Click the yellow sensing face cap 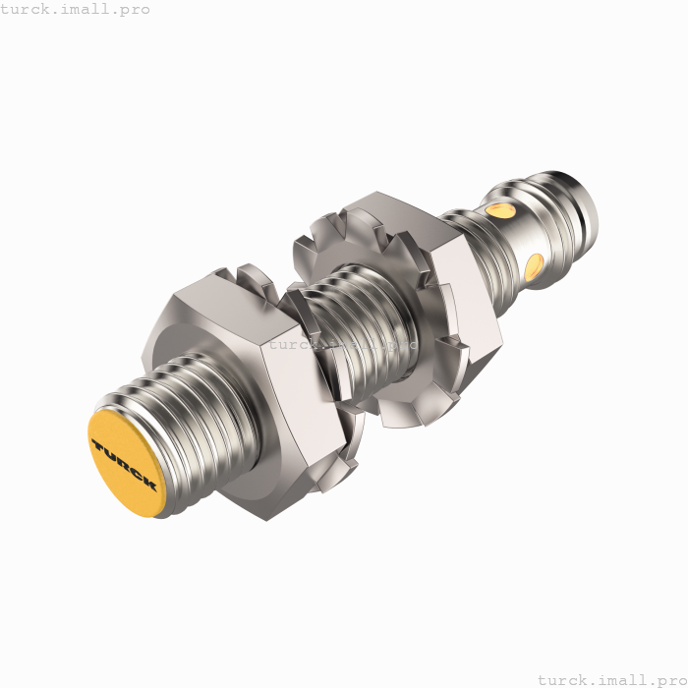pyautogui.click(x=125, y=465)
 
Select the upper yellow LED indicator pyautogui.click(x=502, y=210)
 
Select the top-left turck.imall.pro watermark pyautogui.click(x=76, y=9)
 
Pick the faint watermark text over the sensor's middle pyautogui.click(x=339, y=345)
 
